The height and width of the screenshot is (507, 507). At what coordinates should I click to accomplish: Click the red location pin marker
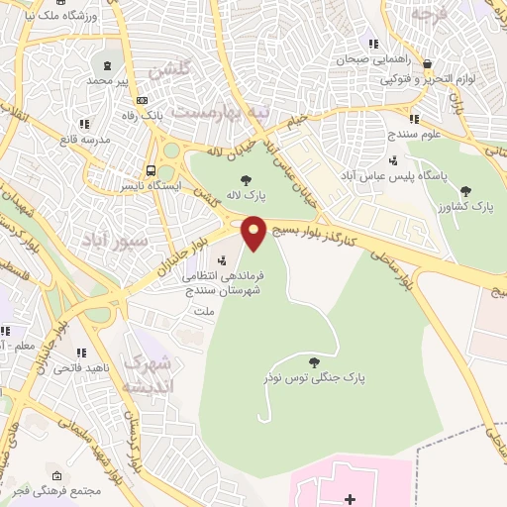pos(254,233)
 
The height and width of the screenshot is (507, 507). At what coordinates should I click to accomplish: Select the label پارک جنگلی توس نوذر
pos(314,378)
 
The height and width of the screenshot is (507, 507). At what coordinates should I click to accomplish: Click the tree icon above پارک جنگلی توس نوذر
pos(314,363)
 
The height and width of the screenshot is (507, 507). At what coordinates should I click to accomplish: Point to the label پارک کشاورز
pos(481,206)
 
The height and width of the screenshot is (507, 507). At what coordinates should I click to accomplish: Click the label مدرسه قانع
pos(81,139)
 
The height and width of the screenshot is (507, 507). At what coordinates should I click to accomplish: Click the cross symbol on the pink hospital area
pos(349,498)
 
